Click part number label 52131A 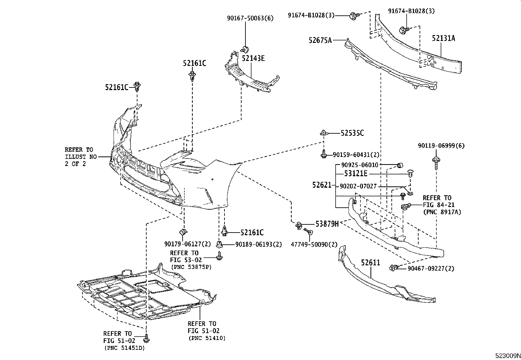(x=443, y=38)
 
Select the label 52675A (x=320, y=40)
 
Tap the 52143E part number (x=253, y=58)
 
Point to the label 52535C (x=352, y=133)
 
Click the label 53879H (x=327, y=224)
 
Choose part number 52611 (x=370, y=262)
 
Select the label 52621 (x=322, y=185)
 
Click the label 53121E (x=355, y=174)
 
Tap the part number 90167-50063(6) (x=250, y=18)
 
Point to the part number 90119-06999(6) (x=441, y=146)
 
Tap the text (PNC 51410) (x=207, y=338)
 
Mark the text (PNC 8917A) (x=442, y=212)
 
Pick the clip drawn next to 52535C (x=324, y=133)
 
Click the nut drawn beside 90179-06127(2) (x=183, y=232)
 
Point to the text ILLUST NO (x=81, y=157)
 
